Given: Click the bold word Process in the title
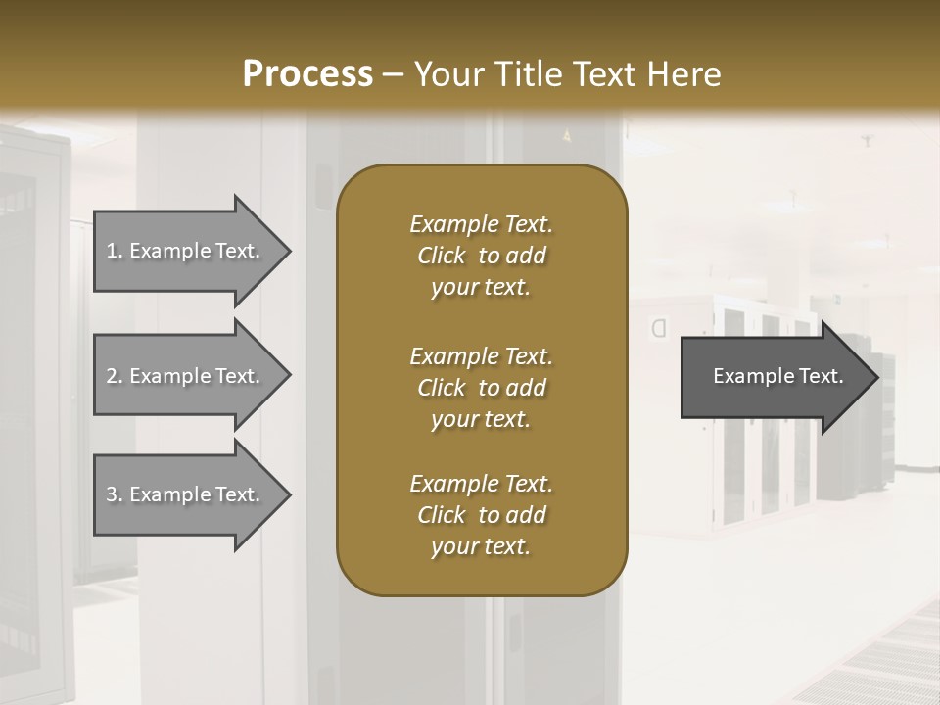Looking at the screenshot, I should point(307,73).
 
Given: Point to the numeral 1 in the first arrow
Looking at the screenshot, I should point(112,251).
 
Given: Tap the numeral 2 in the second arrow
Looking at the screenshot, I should point(112,376).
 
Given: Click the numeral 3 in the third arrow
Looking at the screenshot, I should point(112,494).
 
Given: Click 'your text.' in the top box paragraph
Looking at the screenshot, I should point(481,288).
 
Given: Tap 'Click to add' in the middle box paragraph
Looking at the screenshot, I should point(481,388).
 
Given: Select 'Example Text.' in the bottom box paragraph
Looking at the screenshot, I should point(481,484).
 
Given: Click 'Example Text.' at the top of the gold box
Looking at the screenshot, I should point(481,224).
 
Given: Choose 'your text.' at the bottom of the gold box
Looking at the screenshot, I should point(481,547).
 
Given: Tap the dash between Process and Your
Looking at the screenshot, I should point(393,74).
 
